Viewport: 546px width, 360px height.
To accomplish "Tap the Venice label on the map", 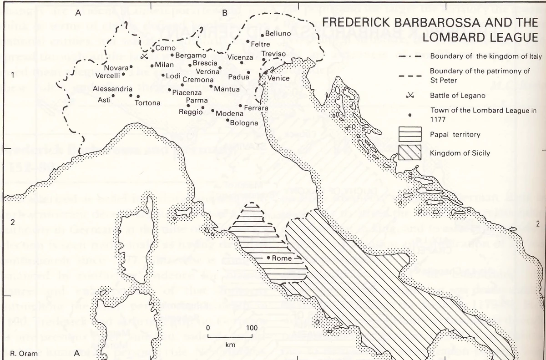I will (x=278, y=78).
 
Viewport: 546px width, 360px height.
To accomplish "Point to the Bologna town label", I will (x=244, y=123).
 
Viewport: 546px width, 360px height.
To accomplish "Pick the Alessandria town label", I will (x=112, y=89).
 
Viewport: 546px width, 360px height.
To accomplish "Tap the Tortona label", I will (x=147, y=103).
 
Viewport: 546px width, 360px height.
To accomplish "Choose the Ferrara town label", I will (x=256, y=108).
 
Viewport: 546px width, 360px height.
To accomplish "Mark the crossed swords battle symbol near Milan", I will (x=144, y=56).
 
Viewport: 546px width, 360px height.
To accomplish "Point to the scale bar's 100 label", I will (x=252, y=328).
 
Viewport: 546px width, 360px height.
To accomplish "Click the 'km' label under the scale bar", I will (x=229, y=345).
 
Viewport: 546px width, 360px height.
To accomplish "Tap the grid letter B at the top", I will (x=224, y=13).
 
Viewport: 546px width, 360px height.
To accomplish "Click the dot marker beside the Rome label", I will (x=269, y=258).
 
